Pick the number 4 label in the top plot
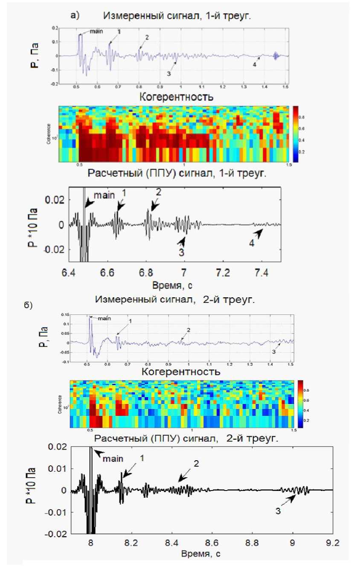(255, 65)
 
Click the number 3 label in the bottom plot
(278, 511)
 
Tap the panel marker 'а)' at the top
(75, 16)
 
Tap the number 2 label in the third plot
(158, 193)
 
